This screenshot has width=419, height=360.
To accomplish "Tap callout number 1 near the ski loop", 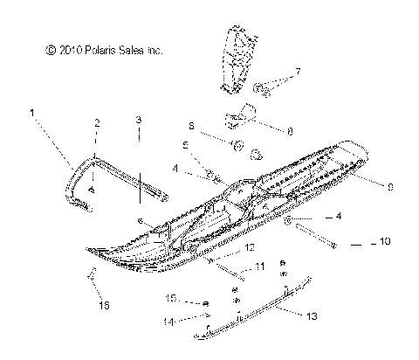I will [32, 113].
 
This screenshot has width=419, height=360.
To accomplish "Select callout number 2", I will [96, 124].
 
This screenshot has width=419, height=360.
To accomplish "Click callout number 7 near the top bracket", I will [297, 71].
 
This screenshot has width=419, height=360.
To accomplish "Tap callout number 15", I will [173, 299].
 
